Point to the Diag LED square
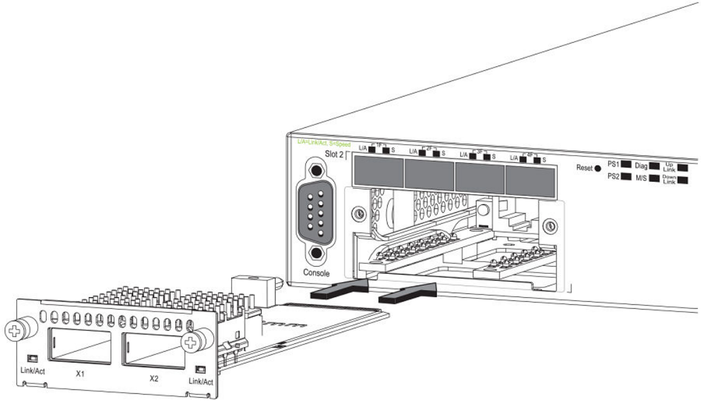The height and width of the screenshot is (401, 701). [654, 167]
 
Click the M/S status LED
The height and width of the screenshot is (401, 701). [654, 177]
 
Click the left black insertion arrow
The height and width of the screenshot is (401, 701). [339, 289]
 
